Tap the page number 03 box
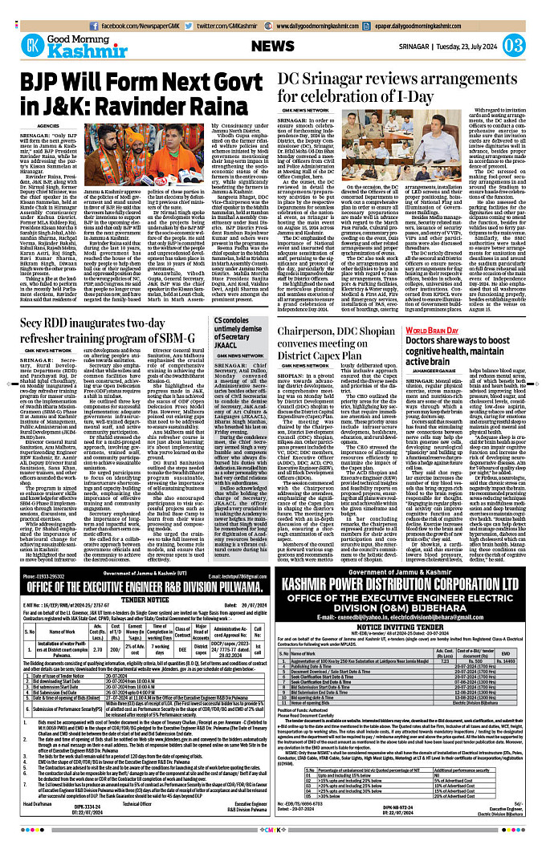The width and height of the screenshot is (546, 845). tap(514, 45)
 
